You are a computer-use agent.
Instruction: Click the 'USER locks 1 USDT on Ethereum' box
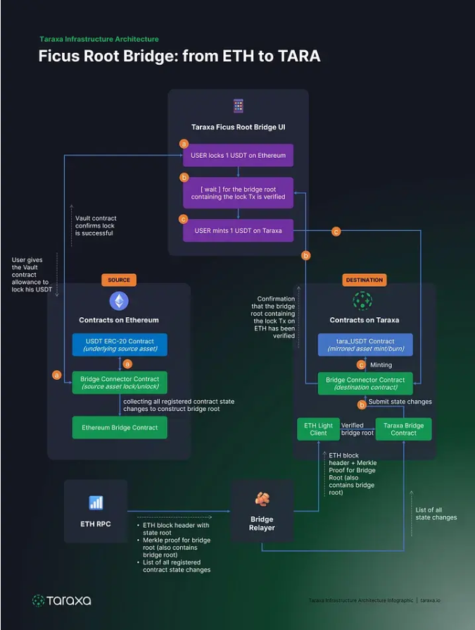238,155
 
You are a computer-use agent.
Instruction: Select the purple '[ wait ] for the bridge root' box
238,192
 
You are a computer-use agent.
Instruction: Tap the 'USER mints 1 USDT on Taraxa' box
238,230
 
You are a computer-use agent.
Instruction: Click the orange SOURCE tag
119,280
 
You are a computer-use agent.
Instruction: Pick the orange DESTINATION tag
365,280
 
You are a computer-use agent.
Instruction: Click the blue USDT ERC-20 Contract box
120,345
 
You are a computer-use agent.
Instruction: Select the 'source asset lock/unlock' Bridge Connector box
120,383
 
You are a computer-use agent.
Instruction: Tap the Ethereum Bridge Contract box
120,427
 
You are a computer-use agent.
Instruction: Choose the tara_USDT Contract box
365,345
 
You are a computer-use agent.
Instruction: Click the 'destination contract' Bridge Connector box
365,383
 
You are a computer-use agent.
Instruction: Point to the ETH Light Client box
318,429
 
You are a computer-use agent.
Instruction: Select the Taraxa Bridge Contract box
403,429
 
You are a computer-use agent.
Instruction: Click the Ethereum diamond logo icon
119,302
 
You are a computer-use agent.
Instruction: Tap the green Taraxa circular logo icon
362,302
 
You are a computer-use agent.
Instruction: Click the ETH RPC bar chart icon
96,503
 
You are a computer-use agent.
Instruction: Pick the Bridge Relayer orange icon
262,500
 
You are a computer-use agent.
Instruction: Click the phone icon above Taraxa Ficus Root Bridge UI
238,106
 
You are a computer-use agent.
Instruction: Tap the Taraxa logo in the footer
62,600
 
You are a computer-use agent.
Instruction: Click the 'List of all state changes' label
436,514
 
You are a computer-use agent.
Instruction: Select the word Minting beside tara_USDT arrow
380,365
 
